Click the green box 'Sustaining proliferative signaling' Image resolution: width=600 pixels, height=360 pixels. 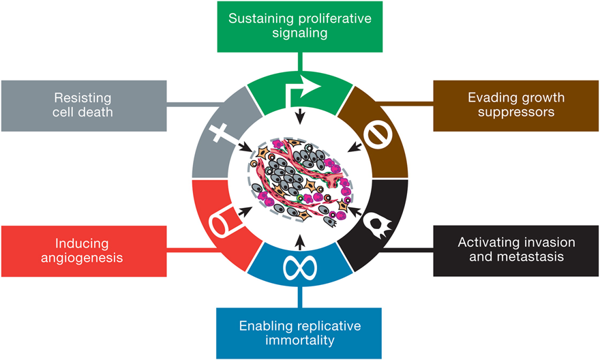pos(299,26)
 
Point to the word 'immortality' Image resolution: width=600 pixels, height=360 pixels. pos(299,339)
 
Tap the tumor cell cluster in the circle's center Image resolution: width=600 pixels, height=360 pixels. pos(300,179)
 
